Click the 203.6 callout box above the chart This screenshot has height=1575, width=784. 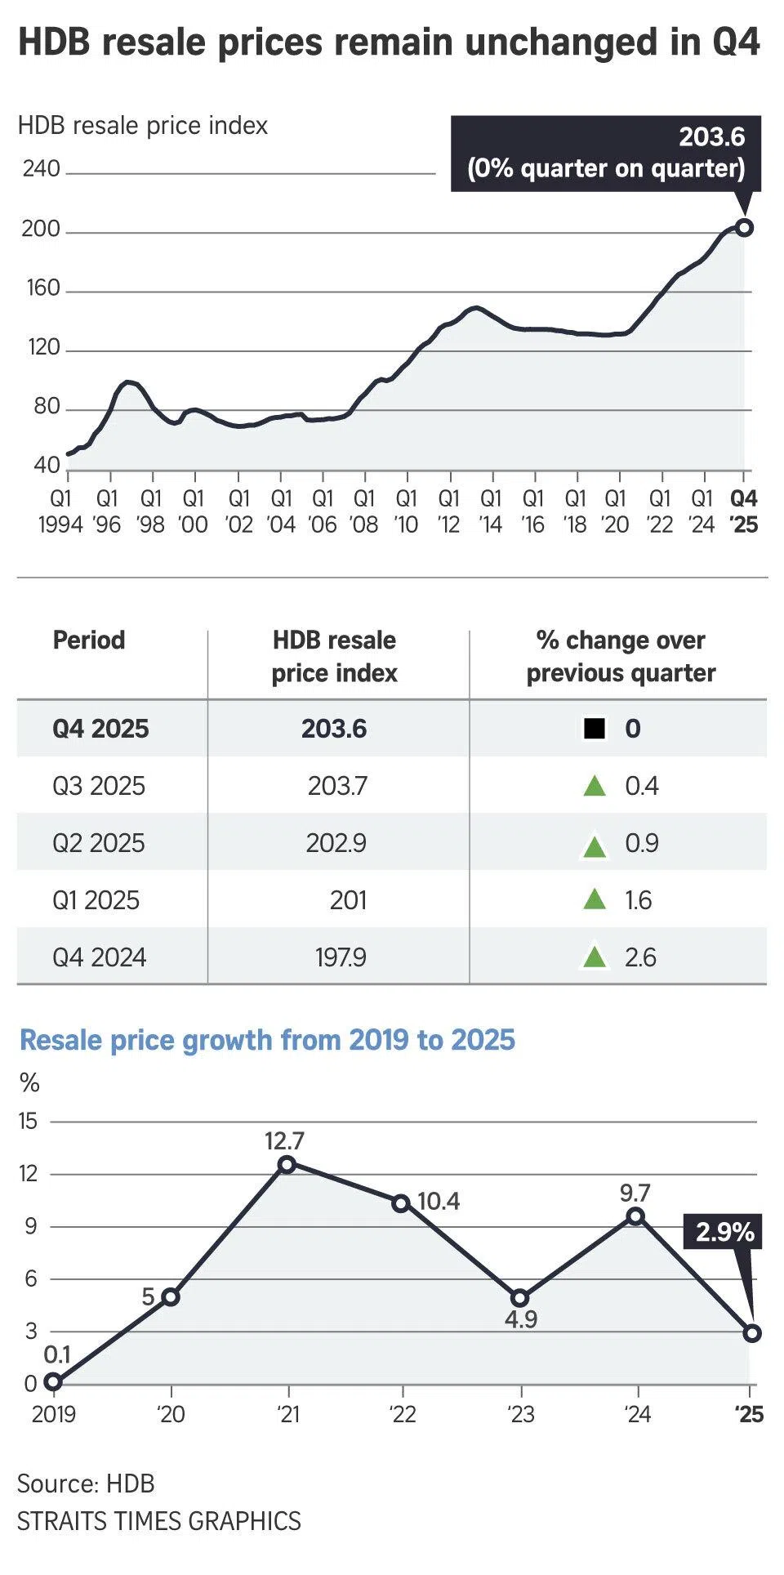[x=605, y=153]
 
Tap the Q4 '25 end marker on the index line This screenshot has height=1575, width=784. [x=743, y=227]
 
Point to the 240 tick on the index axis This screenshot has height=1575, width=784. [x=41, y=169]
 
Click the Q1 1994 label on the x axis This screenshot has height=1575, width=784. [x=60, y=511]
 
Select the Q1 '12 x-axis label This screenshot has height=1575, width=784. [x=448, y=511]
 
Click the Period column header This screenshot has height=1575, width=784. [x=89, y=640]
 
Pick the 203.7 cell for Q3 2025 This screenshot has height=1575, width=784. [x=337, y=786]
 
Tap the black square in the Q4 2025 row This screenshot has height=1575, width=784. [x=595, y=728]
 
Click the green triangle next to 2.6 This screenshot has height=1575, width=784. [x=595, y=957]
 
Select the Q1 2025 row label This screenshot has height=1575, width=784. [x=96, y=900]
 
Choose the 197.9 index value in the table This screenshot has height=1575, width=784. [x=341, y=957]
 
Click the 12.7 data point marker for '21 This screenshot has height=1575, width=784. [x=287, y=1164]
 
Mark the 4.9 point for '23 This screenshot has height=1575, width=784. [x=520, y=1298]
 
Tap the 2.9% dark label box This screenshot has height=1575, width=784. [x=724, y=1231]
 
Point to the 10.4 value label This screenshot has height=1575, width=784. [x=439, y=1201]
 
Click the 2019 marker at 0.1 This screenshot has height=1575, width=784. [x=53, y=1382]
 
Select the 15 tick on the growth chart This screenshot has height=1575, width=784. [x=29, y=1122]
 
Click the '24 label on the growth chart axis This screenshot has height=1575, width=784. [x=637, y=1414]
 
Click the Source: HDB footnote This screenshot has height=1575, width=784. [x=86, y=1484]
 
